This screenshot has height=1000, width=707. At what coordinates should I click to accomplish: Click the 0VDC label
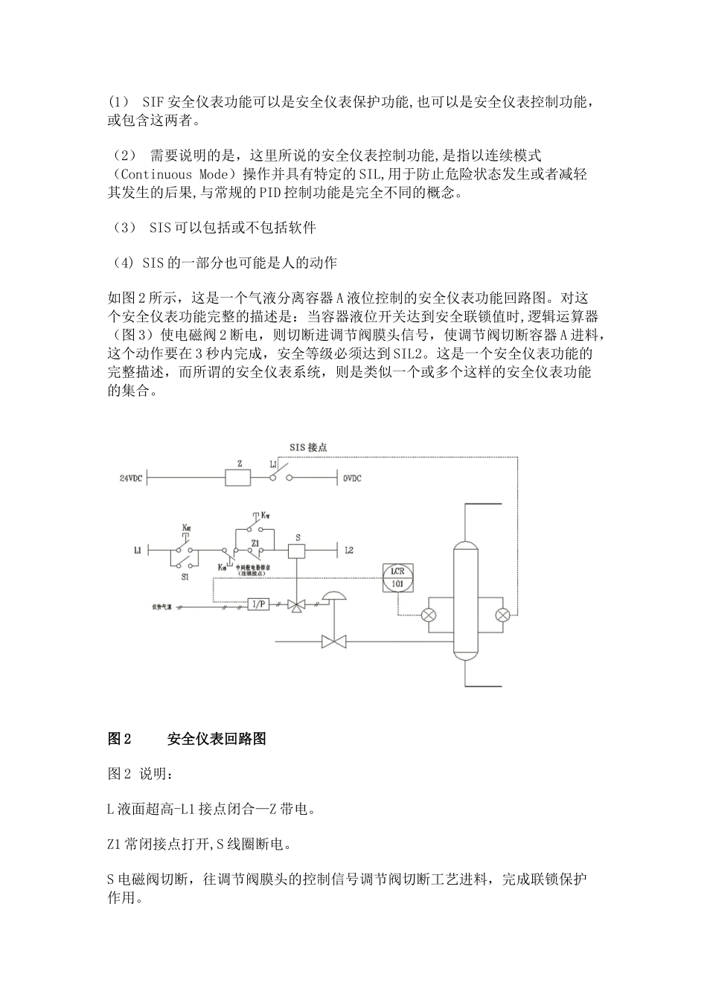352,478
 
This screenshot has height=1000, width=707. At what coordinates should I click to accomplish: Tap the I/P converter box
258,605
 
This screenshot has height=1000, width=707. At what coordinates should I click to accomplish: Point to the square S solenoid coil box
298,551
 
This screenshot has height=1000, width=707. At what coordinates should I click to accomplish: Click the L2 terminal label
349,551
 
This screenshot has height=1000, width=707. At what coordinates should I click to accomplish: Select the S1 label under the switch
185,576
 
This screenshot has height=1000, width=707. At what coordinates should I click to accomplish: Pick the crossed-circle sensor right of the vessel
504,615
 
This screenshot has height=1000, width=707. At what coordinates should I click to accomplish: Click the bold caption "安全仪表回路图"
217,739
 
